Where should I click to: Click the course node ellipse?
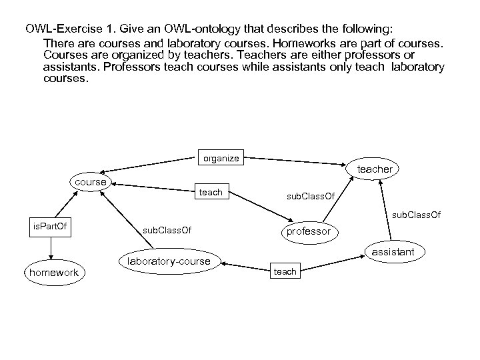[91, 183]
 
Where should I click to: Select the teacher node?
[375, 169]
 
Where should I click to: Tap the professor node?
[308, 231]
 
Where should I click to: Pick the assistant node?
[393, 251]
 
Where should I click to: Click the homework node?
[53, 272]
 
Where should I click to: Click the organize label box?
[221, 159]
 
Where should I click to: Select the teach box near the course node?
[211, 193]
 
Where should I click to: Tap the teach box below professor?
[285, 271]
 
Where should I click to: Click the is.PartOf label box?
[50, 228]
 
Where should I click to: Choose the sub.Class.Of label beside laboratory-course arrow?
[167, 231]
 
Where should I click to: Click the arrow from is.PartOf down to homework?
[51, 249]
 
